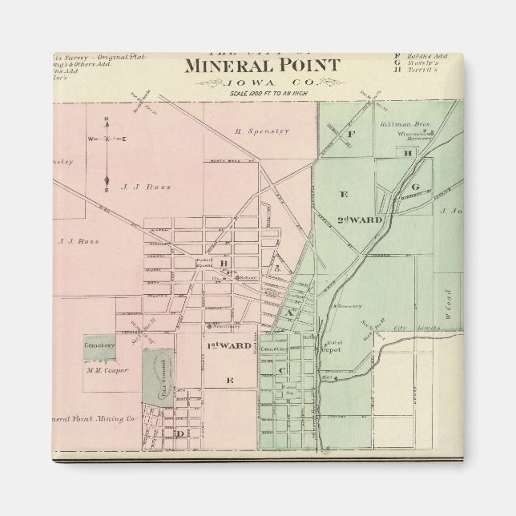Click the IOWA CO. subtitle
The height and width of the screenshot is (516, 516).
(x=261, y=82)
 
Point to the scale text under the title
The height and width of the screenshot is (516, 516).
(x=262, y=94)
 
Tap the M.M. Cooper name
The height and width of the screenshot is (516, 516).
(x=107, y=370)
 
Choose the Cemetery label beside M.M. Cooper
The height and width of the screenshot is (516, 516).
(x=99, y=345)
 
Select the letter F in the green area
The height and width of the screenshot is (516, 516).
(x=350, y=134)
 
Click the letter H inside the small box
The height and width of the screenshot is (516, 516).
(x=409, y=152)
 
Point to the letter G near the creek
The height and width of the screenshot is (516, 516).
(x=415, y=187)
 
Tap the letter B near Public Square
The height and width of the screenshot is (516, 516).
(x=225, y=263)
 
